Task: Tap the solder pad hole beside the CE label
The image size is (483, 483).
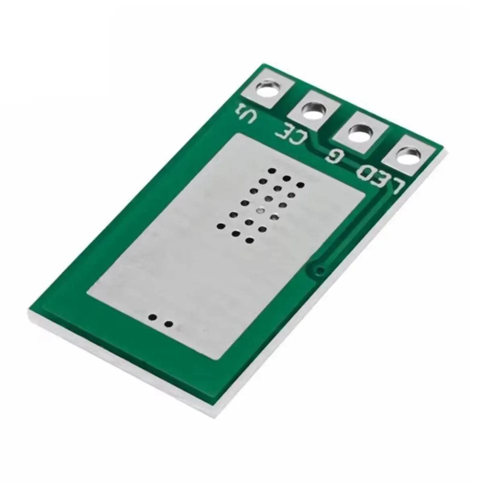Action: (314, 111)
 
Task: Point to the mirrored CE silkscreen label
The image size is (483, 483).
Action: (292, 136)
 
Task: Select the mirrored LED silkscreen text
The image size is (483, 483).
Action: (381, 180)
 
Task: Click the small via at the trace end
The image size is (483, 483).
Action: (320, 270)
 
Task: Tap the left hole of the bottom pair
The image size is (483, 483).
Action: (153, 318)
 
